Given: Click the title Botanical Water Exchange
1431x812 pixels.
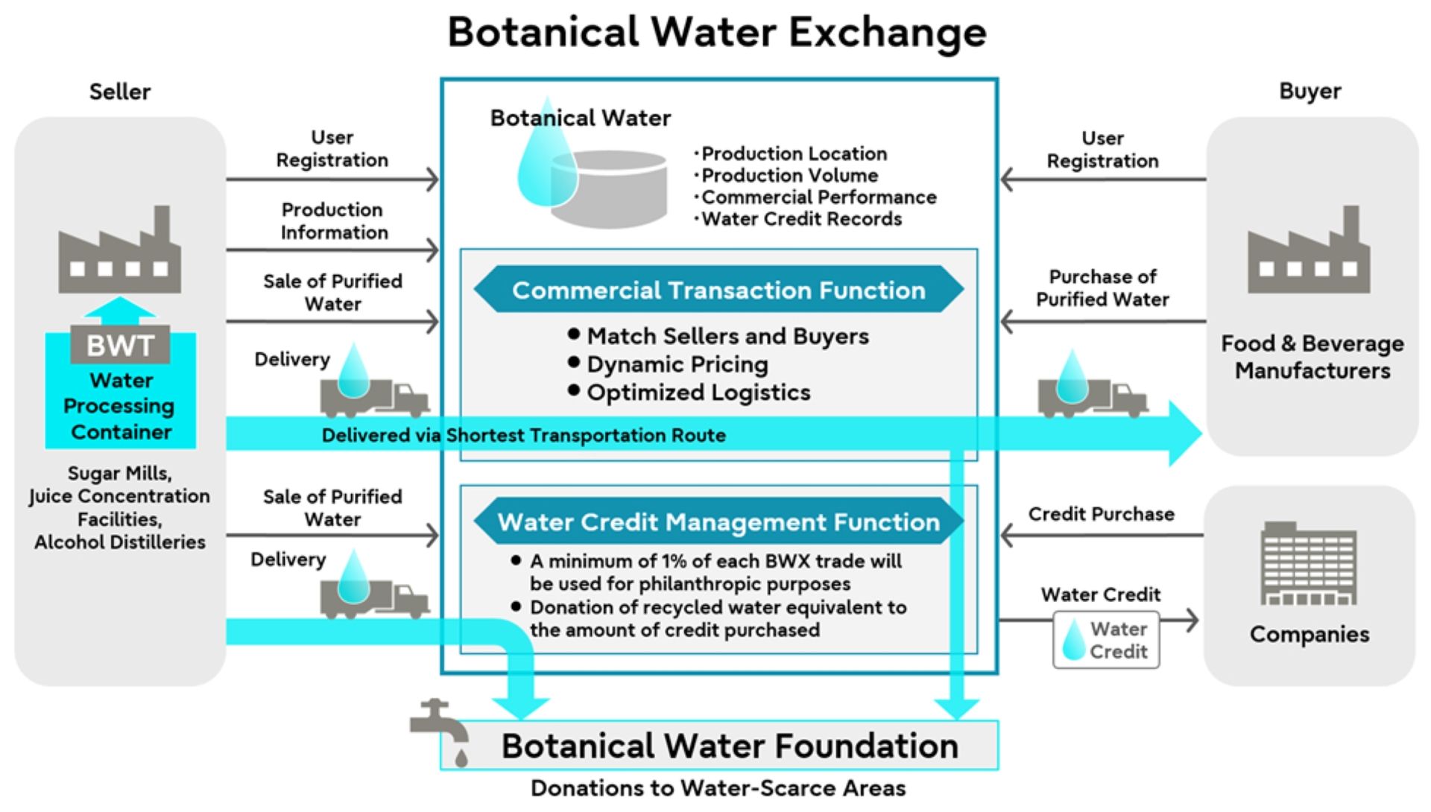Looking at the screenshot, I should (717, 33).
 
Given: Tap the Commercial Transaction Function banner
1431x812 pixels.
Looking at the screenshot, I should (718, 290).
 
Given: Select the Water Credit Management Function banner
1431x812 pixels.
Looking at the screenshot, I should (718, 522).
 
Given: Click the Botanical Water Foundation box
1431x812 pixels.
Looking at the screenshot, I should (729, 746).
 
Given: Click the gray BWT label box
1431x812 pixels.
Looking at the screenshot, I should (120, 346).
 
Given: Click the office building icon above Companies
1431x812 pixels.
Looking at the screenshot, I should (1309, 563).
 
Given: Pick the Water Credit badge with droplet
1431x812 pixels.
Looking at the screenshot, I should (1106, 640).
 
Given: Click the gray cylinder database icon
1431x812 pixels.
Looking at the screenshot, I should (609, 188).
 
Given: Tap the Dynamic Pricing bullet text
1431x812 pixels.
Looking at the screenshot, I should (677, 364).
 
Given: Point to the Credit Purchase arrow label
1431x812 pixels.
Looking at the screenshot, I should (1101, 514).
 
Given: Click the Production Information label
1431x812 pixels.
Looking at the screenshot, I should (333, 221).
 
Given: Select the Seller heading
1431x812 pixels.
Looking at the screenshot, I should (120, 92).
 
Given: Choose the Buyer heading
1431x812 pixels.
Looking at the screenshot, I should (1310, 91).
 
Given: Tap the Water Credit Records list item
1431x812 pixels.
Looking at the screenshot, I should (801, 219).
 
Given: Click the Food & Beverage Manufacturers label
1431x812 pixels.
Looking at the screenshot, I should (1312, 357).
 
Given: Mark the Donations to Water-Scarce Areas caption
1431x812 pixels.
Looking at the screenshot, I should (718, 788).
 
